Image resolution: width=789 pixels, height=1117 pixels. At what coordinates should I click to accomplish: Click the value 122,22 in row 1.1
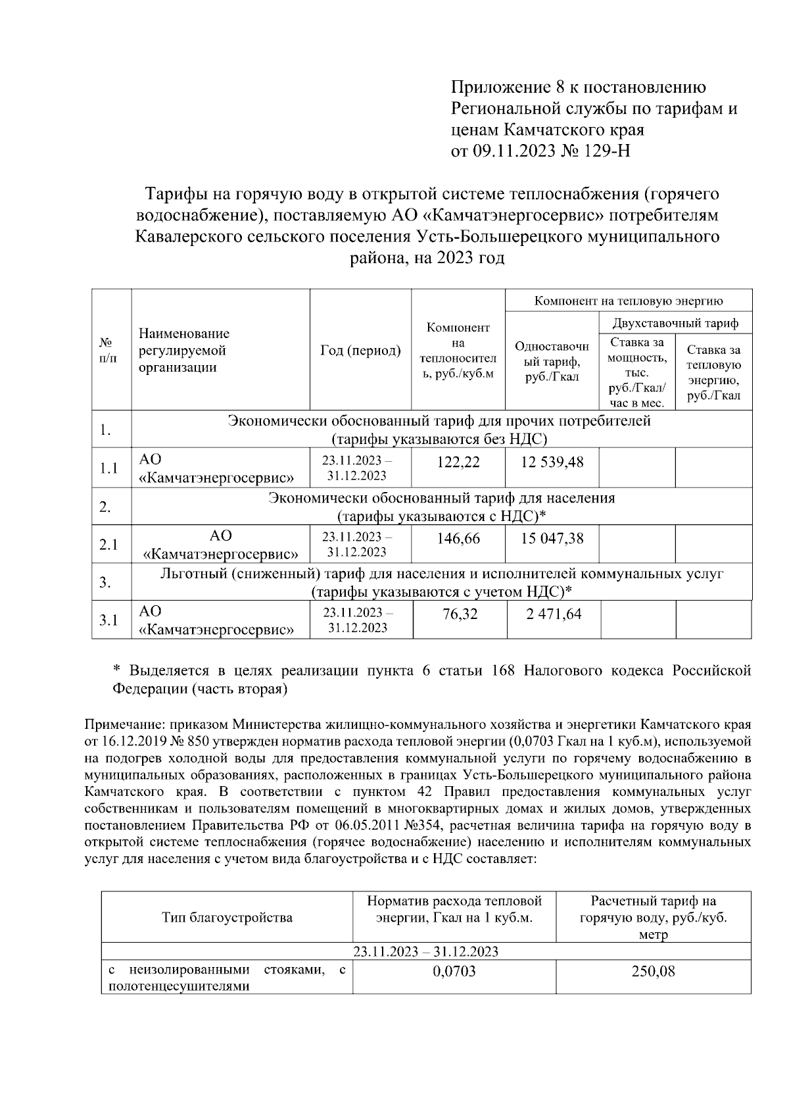pyautogui.click(x=458, y=462)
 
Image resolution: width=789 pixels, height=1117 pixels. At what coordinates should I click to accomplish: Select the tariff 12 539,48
pyautogui.click(x=552, y=462)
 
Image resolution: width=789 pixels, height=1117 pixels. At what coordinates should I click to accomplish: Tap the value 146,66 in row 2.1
pyautogui.click(x=458, y=539)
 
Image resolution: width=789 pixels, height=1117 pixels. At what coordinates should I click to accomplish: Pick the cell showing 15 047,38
pyautogui.click(x=552, y=539)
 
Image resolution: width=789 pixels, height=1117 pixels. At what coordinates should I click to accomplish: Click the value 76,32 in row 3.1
pyautogui.click(x=460, y=614)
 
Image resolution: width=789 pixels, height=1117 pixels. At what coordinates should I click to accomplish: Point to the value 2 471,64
pyautogui.click(x=554, y=614)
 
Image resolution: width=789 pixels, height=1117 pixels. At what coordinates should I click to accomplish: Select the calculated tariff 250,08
pyautogui.click(x=653, y=971)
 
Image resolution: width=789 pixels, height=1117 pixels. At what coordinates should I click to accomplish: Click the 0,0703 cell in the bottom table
pyautogui.click(x=454, y=971)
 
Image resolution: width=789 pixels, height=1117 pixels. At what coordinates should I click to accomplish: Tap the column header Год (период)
pyautogui.click(x=360, y=351)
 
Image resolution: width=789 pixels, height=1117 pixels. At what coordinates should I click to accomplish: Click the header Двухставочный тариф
pyautogui.click(x=675, y=323)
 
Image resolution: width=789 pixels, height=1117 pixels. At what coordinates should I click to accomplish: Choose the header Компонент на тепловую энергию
pyautogui.click(x=629, y=301)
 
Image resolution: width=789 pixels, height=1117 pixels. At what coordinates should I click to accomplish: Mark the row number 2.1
pyautogui.click(x=108, y=545)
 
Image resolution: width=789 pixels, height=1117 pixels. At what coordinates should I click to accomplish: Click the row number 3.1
pyautogui.click(x=108, y=620)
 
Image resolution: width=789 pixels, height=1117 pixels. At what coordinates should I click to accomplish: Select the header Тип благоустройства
pyautogui.click(x=227, y=917)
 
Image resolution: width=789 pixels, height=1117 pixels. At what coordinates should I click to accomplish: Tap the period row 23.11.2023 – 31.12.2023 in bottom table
pyautogui.click(x=425, y=951)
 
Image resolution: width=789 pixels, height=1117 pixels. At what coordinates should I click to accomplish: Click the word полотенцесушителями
pyautogui.click(x=179, y=986)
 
